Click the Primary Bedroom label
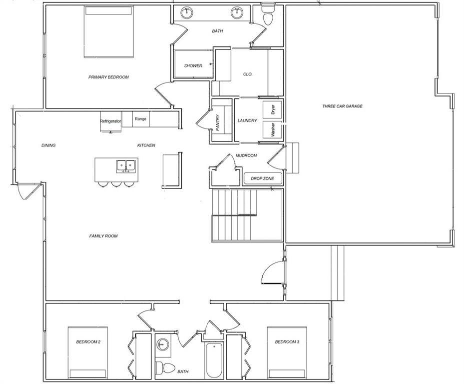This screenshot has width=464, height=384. pyautogui.click(x=108, y=77)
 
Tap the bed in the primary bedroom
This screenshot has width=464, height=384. pyautogui.click(x=108, y=31)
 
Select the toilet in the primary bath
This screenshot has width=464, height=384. pyautogui.click(x=268, y=15)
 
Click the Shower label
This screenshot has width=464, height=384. pyautogui.click(x=193, y=66)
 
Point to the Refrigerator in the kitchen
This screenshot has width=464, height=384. pyautogui.click(x=111, y=121)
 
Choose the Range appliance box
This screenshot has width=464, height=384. pyautogui.click(x=140, y=119)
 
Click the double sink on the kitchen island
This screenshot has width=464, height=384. pyautogui.click(x=126, y=166)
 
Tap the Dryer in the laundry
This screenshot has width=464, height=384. pyautogui.click(x=272, y=109)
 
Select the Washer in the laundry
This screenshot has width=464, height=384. pyautogui.click(x=272, y=130)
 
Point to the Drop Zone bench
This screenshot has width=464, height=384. pyautogui.click(x=263, y=178)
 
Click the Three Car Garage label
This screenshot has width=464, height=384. pyautogui.click(x=342, y=106)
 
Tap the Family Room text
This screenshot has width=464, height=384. pyautogui.click(x=103, y=236)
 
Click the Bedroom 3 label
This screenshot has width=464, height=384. pyautogui.click(x=287, y=342)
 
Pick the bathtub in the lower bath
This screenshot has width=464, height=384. pyautogui.click(x=214, y=360)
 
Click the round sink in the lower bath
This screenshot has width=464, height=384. pyautogui.click(x=162, y=344)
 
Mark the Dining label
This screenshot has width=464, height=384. pyautogui.click(x=48, y=145)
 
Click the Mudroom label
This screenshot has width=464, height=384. pyautogui.click(x=246, y=155)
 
